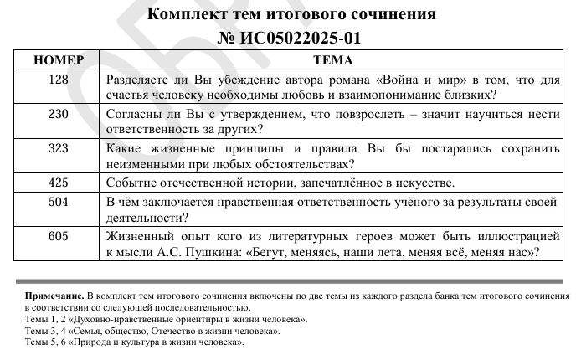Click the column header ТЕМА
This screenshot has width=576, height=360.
pos(332,60)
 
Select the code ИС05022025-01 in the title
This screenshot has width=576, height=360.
pos(303,38)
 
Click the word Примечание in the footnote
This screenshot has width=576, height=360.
pos(54,297)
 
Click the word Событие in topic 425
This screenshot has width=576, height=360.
pos(132,183)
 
